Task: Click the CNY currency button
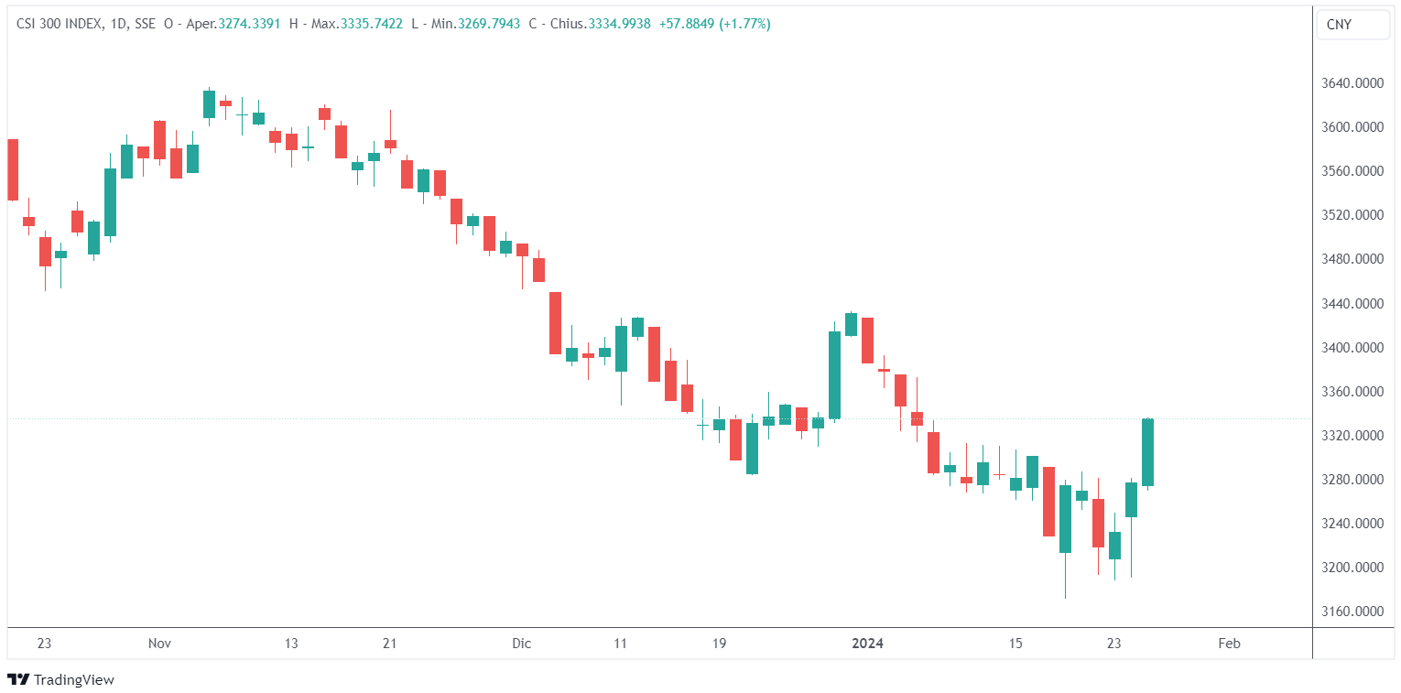(x=1352, y=25)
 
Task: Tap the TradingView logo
(x=61, y=679)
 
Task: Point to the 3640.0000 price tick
(x=1352, y=83)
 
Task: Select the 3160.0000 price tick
(x=1352, y=612)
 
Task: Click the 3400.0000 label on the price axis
(x=1352, y=348)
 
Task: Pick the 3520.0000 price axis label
(x=1352, y=215)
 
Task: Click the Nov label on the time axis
(x=159, y=644)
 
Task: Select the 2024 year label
(x=867, y=644)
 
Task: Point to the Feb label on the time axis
(x=1229, y=644)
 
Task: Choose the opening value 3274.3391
(x=250, y=24)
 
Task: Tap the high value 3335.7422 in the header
(x=371, y=24)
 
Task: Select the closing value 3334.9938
(x=618, y=24)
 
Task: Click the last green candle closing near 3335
(x=1147, y=452)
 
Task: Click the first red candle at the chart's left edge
(x=12, y=169)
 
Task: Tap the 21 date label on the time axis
(x=389, y=644)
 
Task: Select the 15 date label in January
(x=1015, y=644)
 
